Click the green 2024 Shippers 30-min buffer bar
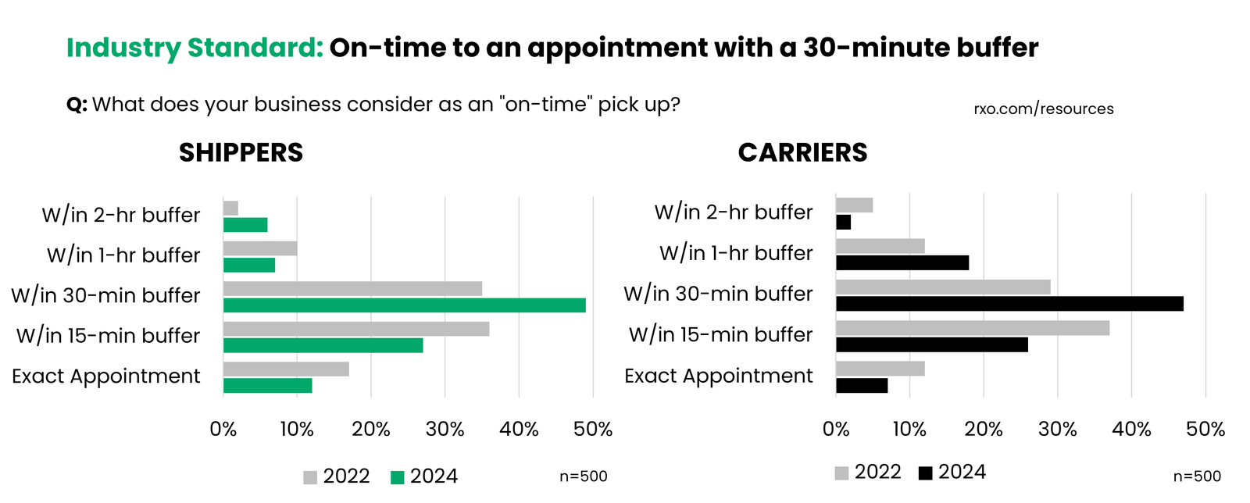[404, 305]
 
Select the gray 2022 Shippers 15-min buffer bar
[356, 329]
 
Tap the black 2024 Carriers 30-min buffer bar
[1009, 304]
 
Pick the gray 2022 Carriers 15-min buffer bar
[973, 328]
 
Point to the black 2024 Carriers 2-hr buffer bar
[843, 223]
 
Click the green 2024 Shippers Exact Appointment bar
[267, 386]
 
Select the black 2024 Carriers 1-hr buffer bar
[902, 263]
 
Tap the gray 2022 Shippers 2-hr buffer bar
[230, 209]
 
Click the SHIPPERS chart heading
[241, 152]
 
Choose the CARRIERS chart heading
[802, 152]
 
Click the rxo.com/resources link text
[1043, 109]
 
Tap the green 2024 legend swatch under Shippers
[398, 477]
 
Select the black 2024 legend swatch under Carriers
[926, 473]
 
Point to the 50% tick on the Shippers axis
[593, 429]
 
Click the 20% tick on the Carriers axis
[984, 429]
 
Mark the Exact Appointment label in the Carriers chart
[718, 376]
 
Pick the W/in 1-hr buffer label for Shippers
[123, 255]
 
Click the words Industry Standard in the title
[195, 48]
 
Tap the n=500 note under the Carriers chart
[1197, 476]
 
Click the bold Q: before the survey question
[77, 105]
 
